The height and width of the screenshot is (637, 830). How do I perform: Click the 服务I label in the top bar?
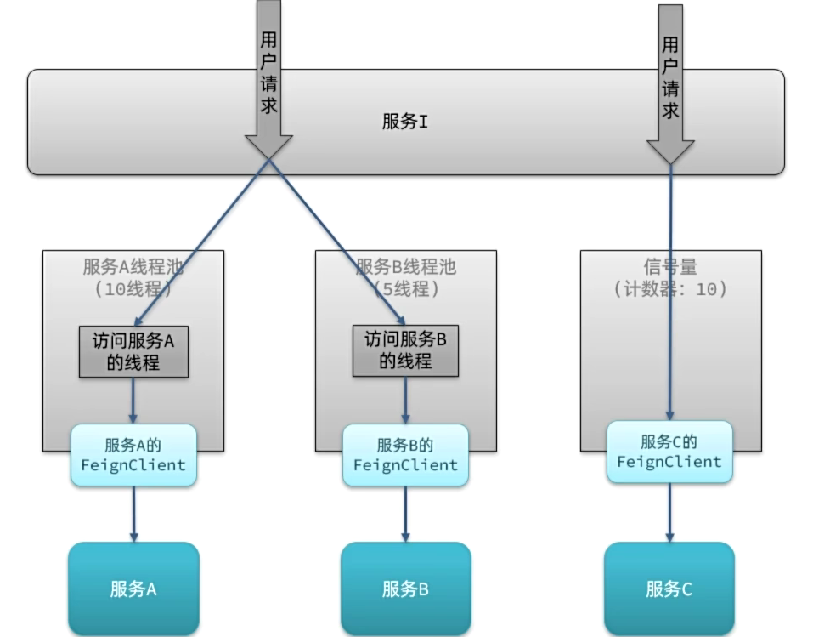pos(404,122)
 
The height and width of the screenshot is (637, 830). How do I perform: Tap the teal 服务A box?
pos(133,589)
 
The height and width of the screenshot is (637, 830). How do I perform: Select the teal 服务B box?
pos(405,589)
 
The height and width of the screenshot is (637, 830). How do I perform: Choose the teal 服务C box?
pos(669,589)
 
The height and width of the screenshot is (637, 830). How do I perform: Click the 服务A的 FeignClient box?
pos(133,455)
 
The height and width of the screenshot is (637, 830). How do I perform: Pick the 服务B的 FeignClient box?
pos(405,455)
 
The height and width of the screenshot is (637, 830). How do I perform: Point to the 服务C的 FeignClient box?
pos(669,452)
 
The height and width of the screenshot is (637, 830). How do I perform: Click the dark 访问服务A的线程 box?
pos(133,351)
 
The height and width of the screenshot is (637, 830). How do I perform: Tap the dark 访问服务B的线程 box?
pos(405,351)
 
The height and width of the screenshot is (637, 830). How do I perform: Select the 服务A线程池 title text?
pos(133,267)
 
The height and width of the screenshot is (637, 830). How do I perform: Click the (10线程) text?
pos(133,288)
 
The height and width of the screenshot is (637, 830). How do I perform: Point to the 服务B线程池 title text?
pos(405,267)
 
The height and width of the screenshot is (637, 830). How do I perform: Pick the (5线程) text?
pos(405,288)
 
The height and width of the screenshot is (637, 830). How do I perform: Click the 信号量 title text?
pos(670,267)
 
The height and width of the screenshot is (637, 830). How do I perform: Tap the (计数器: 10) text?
pos(670,288)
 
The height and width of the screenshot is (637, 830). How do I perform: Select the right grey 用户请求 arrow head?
pos(670,151)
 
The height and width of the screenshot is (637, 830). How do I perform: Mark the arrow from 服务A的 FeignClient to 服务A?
pos(133,515)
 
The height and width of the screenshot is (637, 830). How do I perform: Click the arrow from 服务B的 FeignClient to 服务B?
pos(405,515)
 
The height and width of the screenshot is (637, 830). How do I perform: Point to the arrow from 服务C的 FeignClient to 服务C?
pos(669,513)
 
